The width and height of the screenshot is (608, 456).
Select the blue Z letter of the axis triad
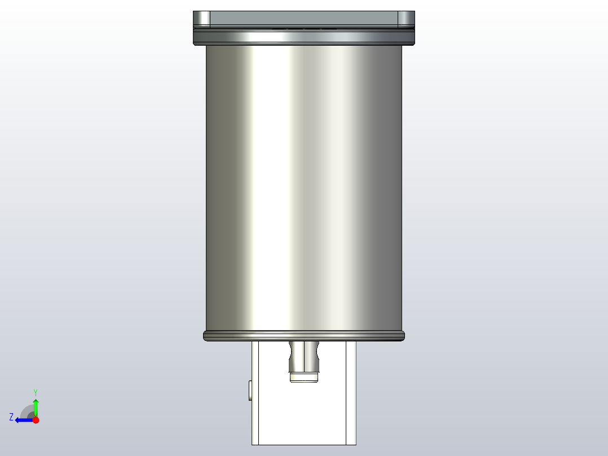pos(11,416)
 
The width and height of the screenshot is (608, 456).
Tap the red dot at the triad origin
pos(36,420)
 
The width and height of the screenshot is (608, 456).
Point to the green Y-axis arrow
pos(36,406)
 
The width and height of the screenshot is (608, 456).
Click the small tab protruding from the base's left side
pos(249,390)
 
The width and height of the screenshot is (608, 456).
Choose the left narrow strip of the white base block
pos(255,395)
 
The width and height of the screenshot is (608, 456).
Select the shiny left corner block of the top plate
pos(201,19)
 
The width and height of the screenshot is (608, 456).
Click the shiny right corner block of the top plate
pos(406,19)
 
